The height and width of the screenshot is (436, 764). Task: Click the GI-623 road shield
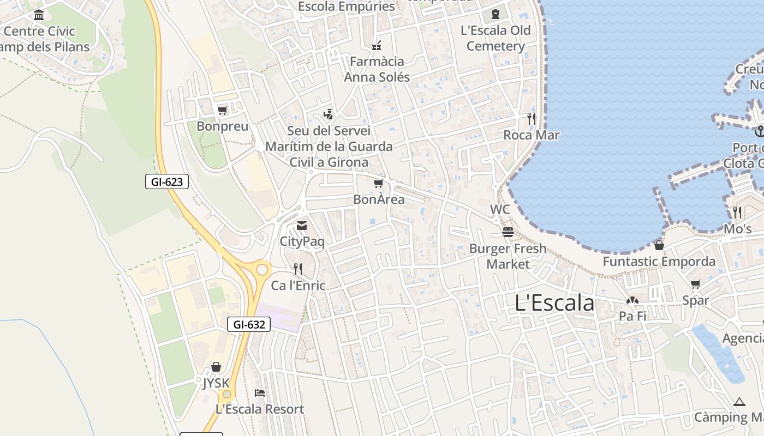(x=167, y=181)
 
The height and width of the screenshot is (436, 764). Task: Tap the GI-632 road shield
(x=249, y=324)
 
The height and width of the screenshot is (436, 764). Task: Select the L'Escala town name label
(x=554, y=303)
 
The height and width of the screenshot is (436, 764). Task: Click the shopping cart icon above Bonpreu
(x=222, y=111)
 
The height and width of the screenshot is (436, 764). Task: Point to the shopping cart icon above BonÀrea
(x=378, y=184)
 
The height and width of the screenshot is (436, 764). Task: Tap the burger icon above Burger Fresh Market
(x=508, y=232)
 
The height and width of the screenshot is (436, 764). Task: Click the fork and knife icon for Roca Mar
(x=532, y=118)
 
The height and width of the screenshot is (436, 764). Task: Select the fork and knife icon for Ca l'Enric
(x=298, y=269)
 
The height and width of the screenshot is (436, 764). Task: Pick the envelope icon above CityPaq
(x=302, y=225)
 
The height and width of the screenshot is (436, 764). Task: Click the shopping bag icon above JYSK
(x=216, y=367)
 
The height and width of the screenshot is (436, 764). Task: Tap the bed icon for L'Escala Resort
(x=260, y=392)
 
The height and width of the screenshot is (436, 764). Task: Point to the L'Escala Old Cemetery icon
(x=496, y=14)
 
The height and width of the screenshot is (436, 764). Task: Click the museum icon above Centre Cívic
(x=39, y=15)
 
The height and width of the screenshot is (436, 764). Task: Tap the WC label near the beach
(x=500, y=209)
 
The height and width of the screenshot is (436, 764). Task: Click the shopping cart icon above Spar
(x=695, y=284)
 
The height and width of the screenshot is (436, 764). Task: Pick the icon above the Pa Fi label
(x=632, y=300)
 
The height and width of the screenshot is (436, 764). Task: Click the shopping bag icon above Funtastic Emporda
(x=659, y=245)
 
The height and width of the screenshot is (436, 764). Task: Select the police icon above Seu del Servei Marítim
(x=328, y=114)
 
